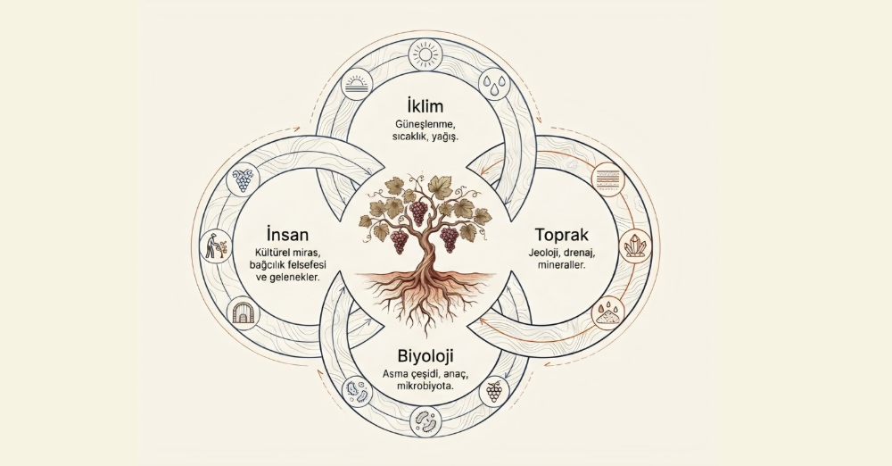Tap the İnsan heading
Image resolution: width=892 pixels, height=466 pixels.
(x=287, y=234)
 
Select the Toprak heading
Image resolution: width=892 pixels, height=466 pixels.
(x=561, y=235)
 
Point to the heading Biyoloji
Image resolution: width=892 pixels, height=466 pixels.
(x=425, y=357)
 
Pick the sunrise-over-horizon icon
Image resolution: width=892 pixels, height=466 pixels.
(x=359, y=87)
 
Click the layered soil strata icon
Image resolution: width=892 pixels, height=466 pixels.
(x=607, y=179)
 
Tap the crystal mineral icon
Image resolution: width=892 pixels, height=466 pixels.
(x=632, y=246)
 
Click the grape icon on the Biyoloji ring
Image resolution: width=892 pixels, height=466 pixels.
(x=493, y=391)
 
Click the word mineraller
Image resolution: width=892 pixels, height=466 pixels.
(x=561, y=265)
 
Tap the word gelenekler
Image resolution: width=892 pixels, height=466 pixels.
(x=295, y=279)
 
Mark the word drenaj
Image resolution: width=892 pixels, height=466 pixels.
(x=583, y=253)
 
